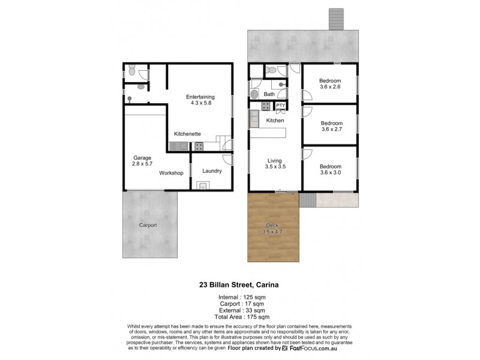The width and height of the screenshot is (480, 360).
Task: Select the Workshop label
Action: [171, 173]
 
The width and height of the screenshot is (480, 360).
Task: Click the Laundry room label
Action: [212, 171]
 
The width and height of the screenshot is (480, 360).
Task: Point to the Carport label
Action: [148, 226]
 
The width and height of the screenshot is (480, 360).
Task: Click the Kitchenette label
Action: [187, 133]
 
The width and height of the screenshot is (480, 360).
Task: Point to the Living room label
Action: [275, 160]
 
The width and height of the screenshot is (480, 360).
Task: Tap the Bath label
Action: [269, 94]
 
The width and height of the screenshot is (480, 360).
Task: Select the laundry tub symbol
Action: [203, 185]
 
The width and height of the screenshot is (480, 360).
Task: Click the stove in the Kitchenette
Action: [199, 146]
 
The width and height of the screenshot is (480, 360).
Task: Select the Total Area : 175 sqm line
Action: [239, 316]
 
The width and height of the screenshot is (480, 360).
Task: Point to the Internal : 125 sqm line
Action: [239, 296]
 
